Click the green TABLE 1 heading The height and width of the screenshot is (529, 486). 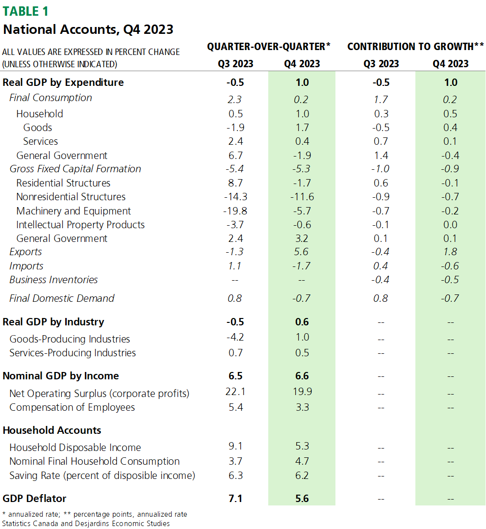point(26,11)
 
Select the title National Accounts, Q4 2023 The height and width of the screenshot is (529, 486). point(88,29)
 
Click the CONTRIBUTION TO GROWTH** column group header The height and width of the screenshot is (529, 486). point(415,47)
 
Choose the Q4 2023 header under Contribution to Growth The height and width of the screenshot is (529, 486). point(450,64)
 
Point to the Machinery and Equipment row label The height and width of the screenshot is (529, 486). point(74,211)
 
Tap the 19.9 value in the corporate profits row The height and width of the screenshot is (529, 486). point(302,392)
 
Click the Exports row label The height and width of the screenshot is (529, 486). point(26,252)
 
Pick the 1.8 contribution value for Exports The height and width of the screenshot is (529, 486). point(450,252)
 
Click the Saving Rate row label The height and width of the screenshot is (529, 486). point(102,476)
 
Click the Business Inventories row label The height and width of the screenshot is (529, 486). point(53,280)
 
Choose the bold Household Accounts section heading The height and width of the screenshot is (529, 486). point(52,430)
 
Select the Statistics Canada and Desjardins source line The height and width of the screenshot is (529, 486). point(86,523)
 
